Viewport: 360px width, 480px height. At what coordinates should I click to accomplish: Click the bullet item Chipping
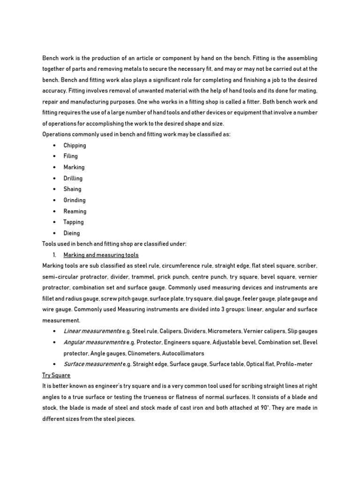tap(75, 145)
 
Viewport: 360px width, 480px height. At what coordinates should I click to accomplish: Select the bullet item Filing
tap(71, 156)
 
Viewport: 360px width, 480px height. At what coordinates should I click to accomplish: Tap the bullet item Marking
tap(74, 167)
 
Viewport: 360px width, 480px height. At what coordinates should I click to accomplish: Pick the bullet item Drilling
tap(73, 178)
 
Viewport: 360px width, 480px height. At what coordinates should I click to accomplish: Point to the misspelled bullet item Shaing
tap(72, 189)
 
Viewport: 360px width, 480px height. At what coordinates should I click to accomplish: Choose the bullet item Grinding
tap(75, 200)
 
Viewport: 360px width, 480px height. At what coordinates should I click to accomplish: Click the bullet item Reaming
tap(75, 211)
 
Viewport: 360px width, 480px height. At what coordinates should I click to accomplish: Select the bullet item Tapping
tap(74, 222)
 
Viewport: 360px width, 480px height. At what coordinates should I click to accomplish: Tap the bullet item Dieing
tap(72, 233)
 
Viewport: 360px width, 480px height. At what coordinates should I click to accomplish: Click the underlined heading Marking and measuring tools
tap(101, 255)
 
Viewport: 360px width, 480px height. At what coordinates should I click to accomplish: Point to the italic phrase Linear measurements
tap(92, 331)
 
